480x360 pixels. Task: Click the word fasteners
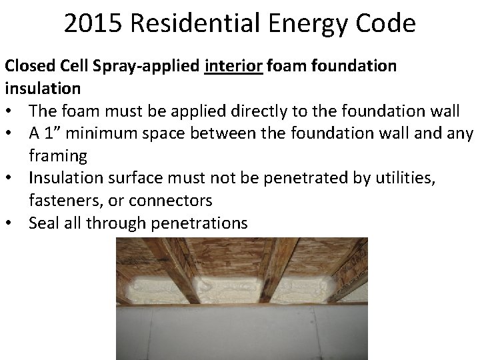[61, 201]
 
